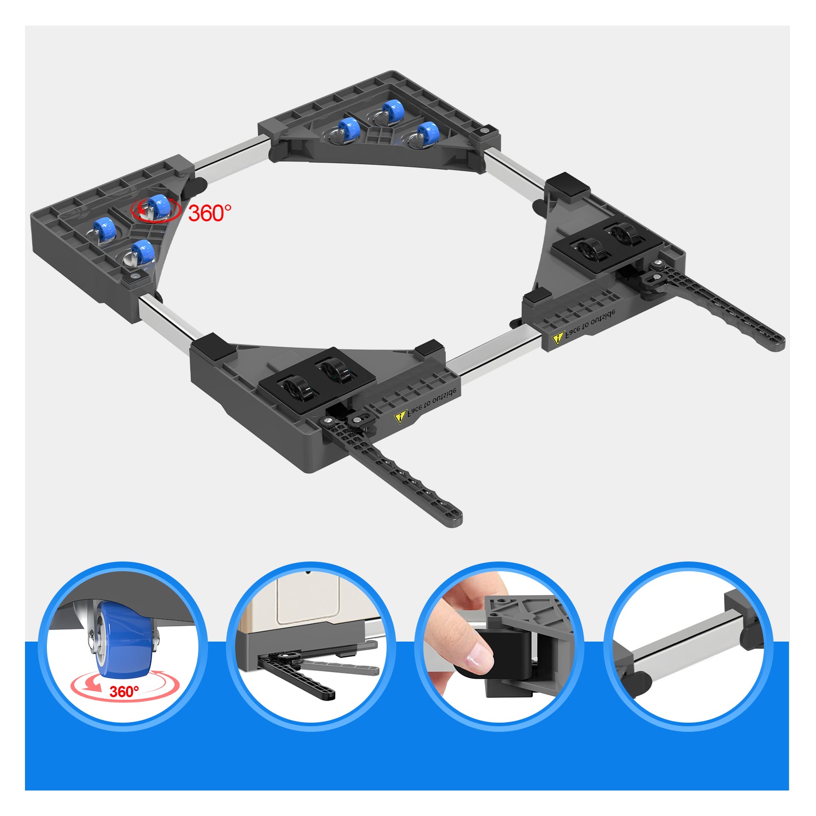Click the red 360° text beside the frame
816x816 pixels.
[210, 213]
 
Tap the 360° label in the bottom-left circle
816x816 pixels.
[124, 692]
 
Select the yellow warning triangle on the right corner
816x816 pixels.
[558, 338]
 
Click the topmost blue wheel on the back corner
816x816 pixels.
[391, 112]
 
